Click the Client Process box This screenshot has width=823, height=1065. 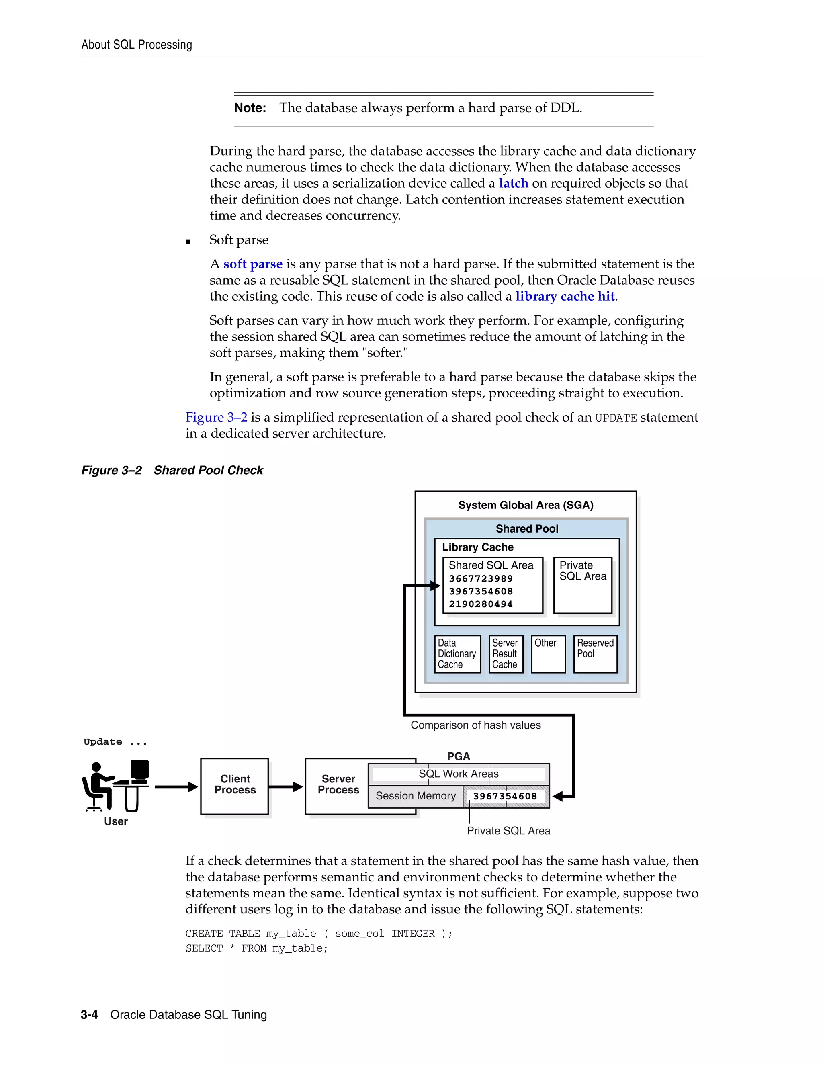(235, 786)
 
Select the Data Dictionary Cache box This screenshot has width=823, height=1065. (457, 654)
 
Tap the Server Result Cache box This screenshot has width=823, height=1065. (505, 654)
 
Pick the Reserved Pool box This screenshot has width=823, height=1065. (595, 654)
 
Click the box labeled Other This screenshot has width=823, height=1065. (548, 654)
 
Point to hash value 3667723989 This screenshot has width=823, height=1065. (481, 579)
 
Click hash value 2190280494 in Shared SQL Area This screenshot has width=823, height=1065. (481, 604)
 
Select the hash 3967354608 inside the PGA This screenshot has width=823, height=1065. (505, 796)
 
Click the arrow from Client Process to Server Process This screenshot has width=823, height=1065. (286, 786)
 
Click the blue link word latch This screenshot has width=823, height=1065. (514, 183)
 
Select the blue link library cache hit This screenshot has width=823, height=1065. (565, 297)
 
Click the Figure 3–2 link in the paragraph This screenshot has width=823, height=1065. (216, 418)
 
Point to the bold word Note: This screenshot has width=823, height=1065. (250, 108)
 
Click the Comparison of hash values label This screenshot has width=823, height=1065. (475, 725)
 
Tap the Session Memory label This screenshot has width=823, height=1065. (416, 796)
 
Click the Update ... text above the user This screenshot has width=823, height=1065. (115, 742)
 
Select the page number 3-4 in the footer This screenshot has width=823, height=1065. (89, 1015)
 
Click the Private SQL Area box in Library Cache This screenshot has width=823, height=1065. (583, 585)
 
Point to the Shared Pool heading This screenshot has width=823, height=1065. (526, 528)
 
